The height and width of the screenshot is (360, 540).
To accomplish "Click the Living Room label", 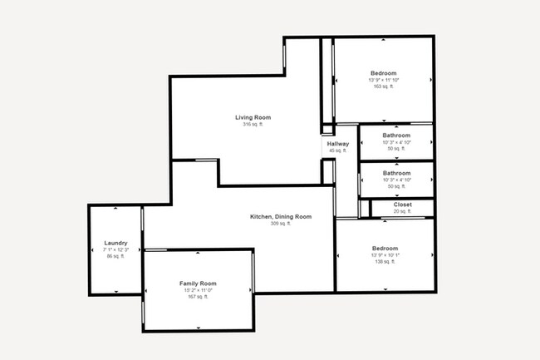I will pyautogui.click(x=253, y=118).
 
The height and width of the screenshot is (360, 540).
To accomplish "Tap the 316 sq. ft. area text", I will pyautogui.click(x=253, y=125).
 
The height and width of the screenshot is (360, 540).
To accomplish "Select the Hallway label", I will pyautogui.click(x=338, y=144).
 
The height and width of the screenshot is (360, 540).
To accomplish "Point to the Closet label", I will pyautogui.click(x=402, y=204).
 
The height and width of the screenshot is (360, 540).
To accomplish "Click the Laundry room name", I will pyautogui.click(x=115, y=243).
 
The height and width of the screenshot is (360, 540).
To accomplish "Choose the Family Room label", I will pyautogui.click(x=198, y=284).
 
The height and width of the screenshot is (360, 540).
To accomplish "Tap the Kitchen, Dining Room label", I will pyautogui.click(x=281, y=217).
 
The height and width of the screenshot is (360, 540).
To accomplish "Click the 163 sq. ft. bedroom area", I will pyautogui.click(x=383, y=86).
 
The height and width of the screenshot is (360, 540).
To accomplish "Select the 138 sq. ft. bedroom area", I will pyautogui.click(x=385, y=262).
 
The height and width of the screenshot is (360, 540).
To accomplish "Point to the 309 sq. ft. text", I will pyautogui.click(x=281, y=224).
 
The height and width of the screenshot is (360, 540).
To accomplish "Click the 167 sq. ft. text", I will pyautogui.click(x=198, y=297).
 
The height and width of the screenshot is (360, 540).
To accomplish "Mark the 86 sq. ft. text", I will pyautogui.click(x=115, y=256).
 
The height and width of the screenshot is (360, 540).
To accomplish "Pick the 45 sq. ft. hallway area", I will pyautogui.click(x=338, y=150).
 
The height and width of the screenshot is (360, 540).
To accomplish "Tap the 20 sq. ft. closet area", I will pyautogui.click(x=402, y=211).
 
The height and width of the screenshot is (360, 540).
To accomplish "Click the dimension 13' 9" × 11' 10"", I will pyautogui.click(x=383, y=80).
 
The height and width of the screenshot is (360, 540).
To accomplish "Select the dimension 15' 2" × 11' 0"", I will pyautogui.click(x=198, y=290).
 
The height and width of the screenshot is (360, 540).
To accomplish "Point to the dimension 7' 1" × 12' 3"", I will pyautogui.click(x=115, y=249).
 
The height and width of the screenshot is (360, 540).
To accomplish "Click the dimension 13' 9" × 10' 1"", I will pyautogui.click(x=385, y=255).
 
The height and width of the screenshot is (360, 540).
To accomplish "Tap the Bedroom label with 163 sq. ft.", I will pyautogui.click(x=383, y=73).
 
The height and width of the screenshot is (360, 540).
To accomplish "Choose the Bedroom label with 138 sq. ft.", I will pyautogui.click(x=385, y=249).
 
